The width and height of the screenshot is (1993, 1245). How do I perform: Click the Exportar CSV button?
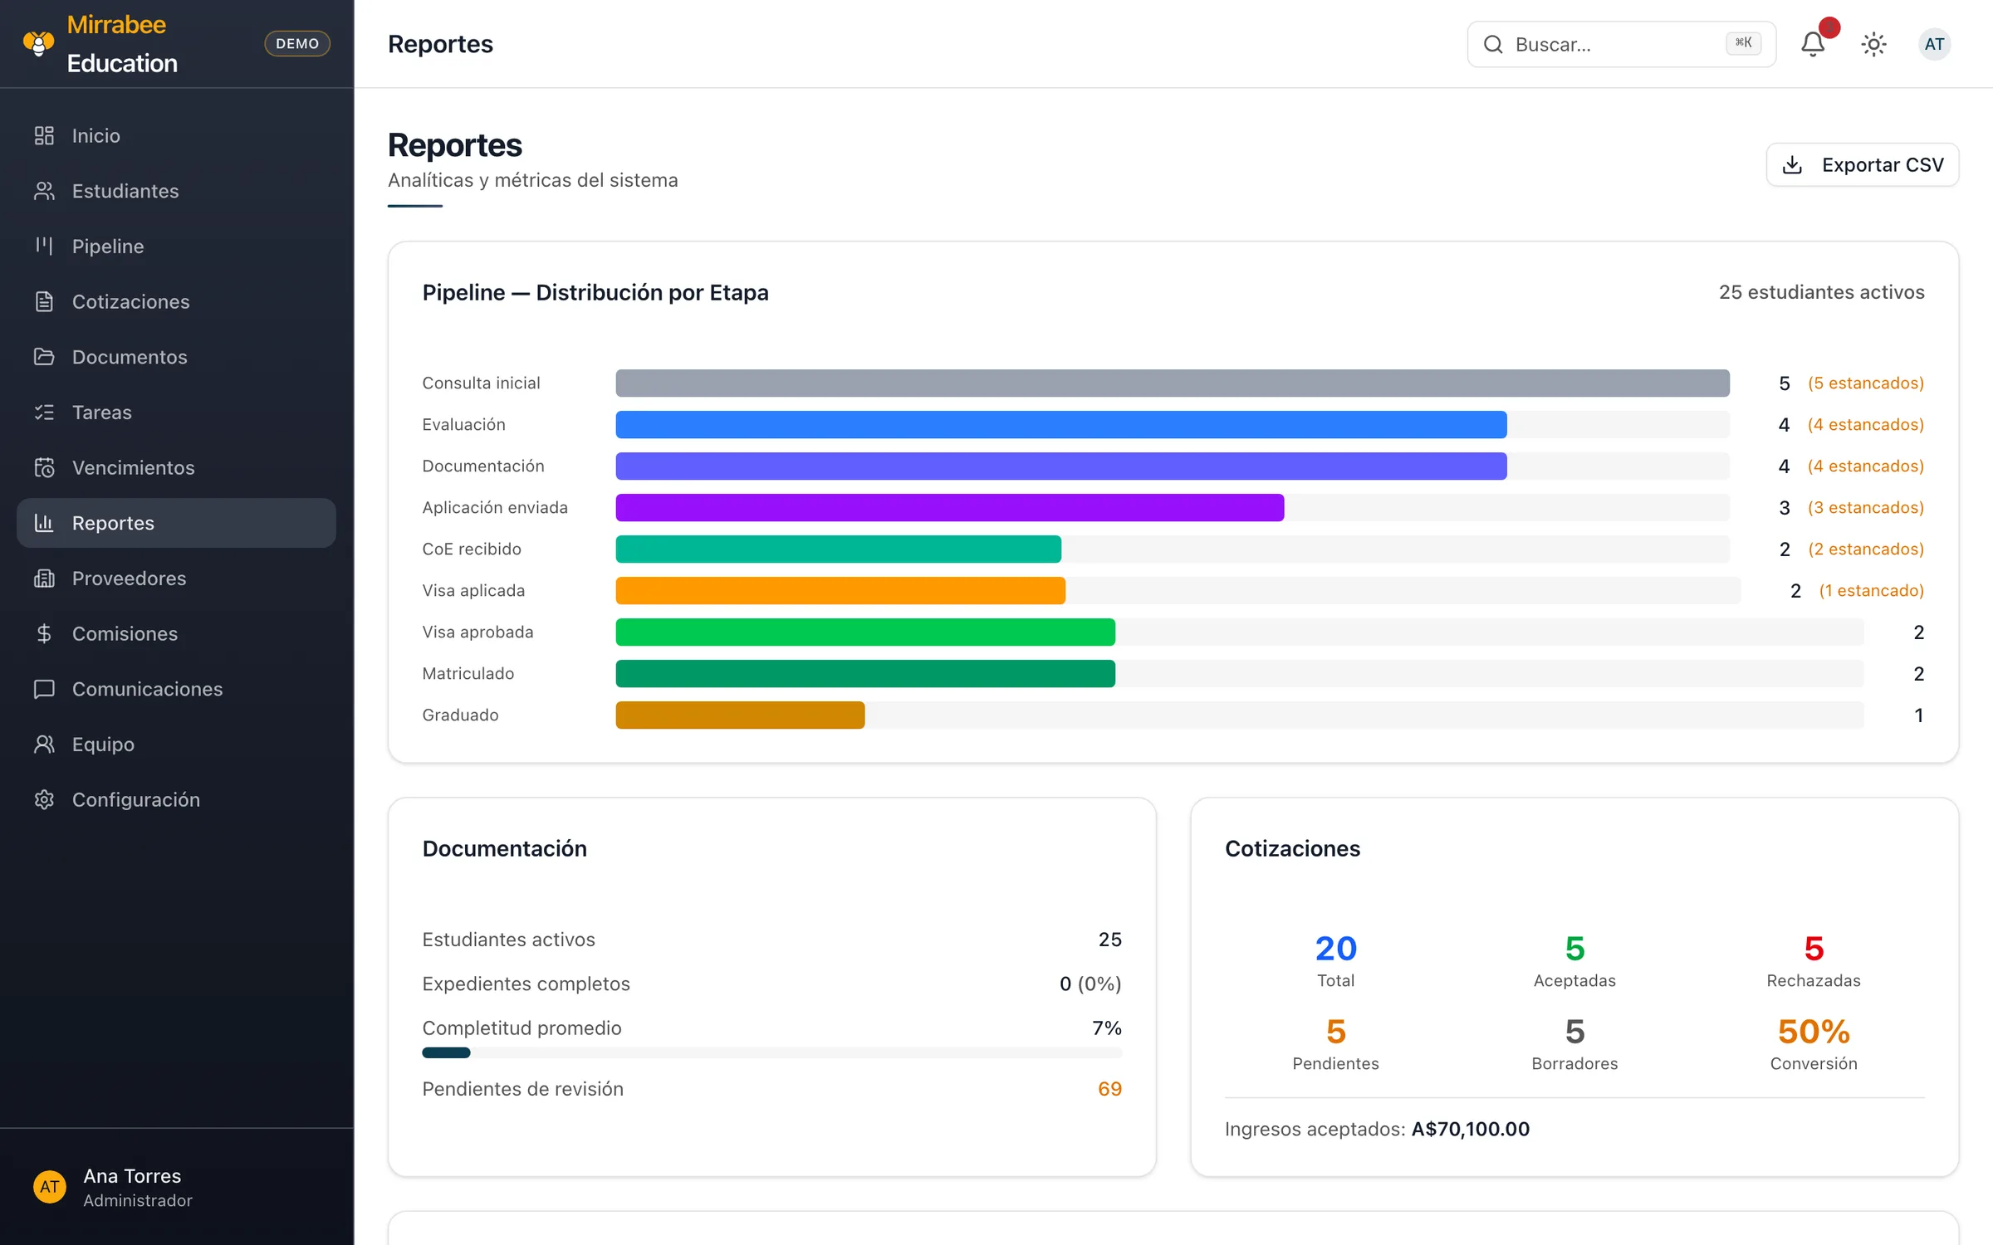point(1862,164)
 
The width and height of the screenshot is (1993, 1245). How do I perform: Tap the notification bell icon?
point(1813,44)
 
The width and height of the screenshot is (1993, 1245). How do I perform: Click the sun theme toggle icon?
point(1873,44)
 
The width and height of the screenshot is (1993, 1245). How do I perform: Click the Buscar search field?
point(1621,44)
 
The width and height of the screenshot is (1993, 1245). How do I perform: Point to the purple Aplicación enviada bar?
point(950,507)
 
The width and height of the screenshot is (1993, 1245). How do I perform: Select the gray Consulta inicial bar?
point(1173,383)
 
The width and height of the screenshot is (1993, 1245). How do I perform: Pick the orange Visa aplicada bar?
point(840,590)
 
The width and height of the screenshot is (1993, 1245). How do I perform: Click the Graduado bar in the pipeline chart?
point(740,715)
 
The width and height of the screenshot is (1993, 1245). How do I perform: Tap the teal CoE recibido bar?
point(838,549)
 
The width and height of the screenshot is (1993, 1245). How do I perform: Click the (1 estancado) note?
point(1871,590)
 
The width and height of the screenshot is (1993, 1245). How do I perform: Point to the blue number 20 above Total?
point(1335,948)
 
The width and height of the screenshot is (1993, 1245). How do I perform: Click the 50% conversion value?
point(1814,1032)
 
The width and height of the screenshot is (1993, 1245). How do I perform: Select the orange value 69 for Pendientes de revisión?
point(1109,1088)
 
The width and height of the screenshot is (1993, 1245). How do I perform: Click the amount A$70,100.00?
point(1471,1129)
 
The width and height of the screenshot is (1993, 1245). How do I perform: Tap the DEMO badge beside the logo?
point(297,43)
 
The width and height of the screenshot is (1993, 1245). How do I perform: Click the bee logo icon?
point(38,43)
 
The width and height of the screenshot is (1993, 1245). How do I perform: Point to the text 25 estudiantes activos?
point(1821,292)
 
